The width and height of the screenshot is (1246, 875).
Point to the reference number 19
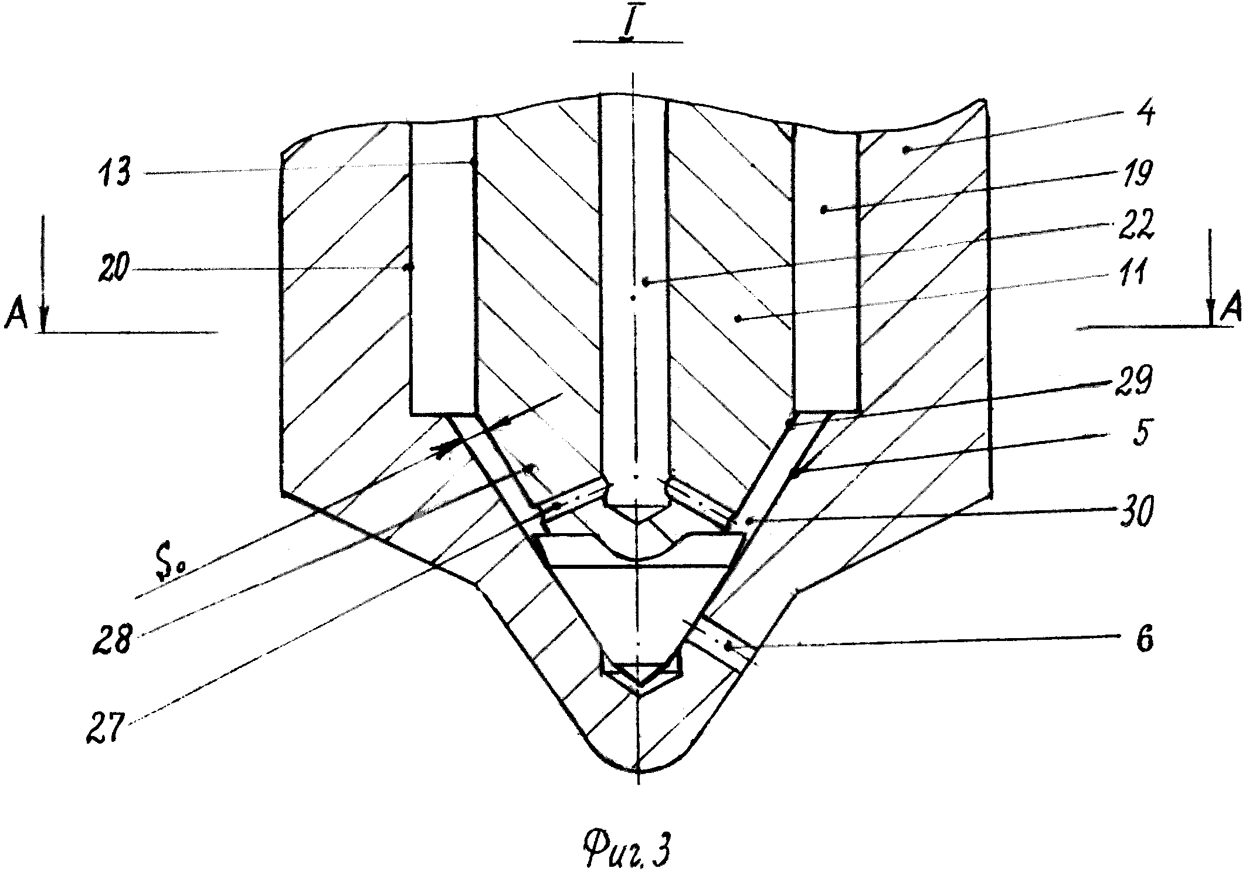1137,174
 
